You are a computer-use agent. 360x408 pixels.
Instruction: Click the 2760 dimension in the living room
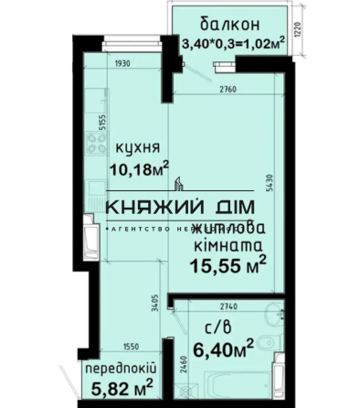pos(228,89)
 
